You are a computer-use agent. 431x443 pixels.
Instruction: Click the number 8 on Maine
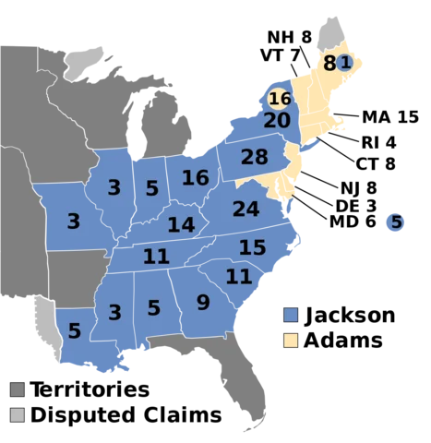pyautogui.click(x=329, y=64)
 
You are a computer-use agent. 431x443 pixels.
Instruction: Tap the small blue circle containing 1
pyautogui.click(x=344, y=63)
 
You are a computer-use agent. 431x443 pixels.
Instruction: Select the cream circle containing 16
pyautogui.click(x=280, y=98)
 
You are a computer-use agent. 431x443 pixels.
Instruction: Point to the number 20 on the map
pyautogui.click(x=277, y=121)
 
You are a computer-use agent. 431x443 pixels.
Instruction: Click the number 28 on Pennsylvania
pyautogui.click(x=254, y=157)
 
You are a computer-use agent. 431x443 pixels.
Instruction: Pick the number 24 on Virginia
pyautogui.click(x=245, y=210)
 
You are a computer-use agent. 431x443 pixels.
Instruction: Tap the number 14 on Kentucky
pyautogui.click(x=181, y=224)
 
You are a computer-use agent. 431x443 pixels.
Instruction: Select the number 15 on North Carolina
pyautogui.click(x=252, y=247)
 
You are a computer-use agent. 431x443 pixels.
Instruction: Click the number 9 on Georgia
pyautogui.click(x=203, y=302)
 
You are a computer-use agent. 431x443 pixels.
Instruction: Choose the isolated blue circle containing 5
pyautogui.click(x=396, y=222)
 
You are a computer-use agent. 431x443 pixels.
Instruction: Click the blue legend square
pyautogui.click(x=291, y=316)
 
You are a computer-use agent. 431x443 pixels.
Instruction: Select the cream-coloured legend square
pyautogui.click(x=291, y=340)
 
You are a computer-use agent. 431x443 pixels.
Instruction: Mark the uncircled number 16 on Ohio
pyautogui.click(x=195, y=178)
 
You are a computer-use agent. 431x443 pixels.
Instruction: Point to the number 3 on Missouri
pyautogui.click(x=73, y=221)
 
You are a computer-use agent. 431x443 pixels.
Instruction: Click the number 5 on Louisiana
pyautogui.click(x=74, y=330)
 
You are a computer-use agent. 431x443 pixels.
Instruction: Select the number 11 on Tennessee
pyautogui.click(x=156, y=257)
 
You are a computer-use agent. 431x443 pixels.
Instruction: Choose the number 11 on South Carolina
pyautogui.click(x=238, y=276)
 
